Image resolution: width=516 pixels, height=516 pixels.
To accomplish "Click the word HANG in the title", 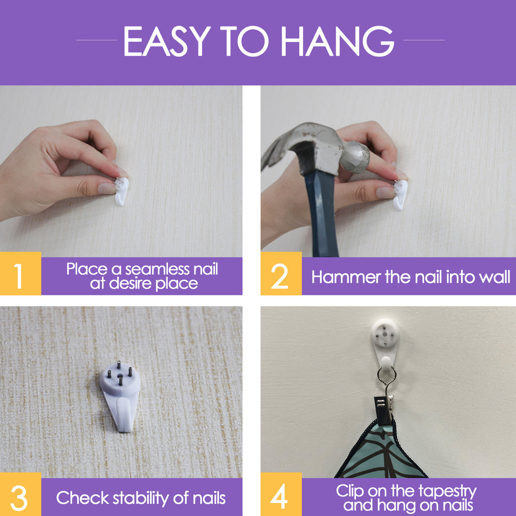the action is pyautogui.click(x=338, y=41).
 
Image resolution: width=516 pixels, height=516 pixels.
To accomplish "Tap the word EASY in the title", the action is pyautogui.click(x=167, y=41).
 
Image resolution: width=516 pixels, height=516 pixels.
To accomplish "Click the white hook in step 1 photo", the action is pyautogui.click(x=121, y=191).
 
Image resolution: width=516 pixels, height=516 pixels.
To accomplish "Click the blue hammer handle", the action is pyautogui.click(x=321, y=213).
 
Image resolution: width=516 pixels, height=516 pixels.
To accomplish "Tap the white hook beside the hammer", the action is pyautogui.click(x=400, y=195).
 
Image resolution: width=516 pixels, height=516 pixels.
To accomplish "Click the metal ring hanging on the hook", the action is pyautogui.click(x=386, y=376).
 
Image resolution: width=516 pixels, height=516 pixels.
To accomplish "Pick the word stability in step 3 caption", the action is pyautogui.click(x=141, y=497).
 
